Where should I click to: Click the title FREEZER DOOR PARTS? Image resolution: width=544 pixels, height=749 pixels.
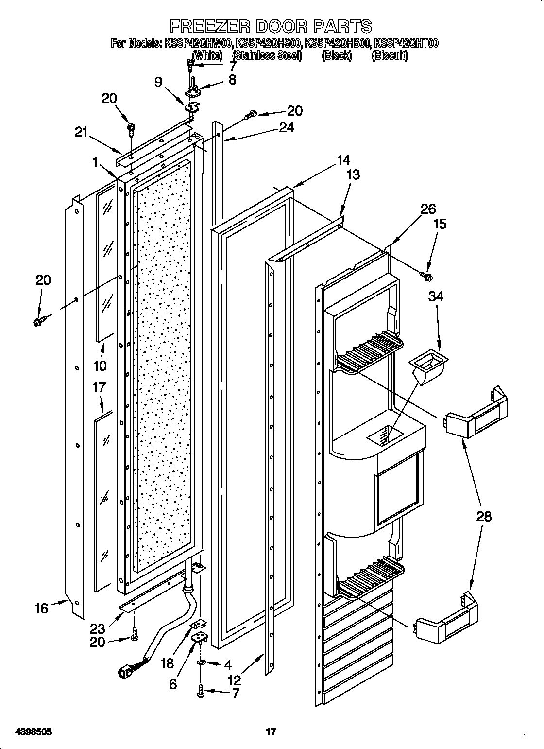(x=271, y=25)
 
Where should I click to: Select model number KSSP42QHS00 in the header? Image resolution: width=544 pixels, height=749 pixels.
(x=268, y=43)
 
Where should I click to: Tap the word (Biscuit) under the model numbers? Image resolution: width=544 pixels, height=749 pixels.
(x=390, y=55)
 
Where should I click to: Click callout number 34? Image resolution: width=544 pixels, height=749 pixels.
(x=436, y=296)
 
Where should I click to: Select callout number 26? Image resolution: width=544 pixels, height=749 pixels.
(x=427, y=209)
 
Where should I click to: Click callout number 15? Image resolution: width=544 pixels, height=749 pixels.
(x=440, y=225)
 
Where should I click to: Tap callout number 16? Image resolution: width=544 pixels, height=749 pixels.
(x=41, y=608)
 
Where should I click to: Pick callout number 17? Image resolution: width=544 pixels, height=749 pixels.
(x=99, y=387)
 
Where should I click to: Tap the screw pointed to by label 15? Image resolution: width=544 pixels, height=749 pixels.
(x=427, y=277)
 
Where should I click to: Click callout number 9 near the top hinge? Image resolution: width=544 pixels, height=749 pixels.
(x=159, y=82)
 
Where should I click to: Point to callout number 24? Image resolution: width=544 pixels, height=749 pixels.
(x=287, y=127)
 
